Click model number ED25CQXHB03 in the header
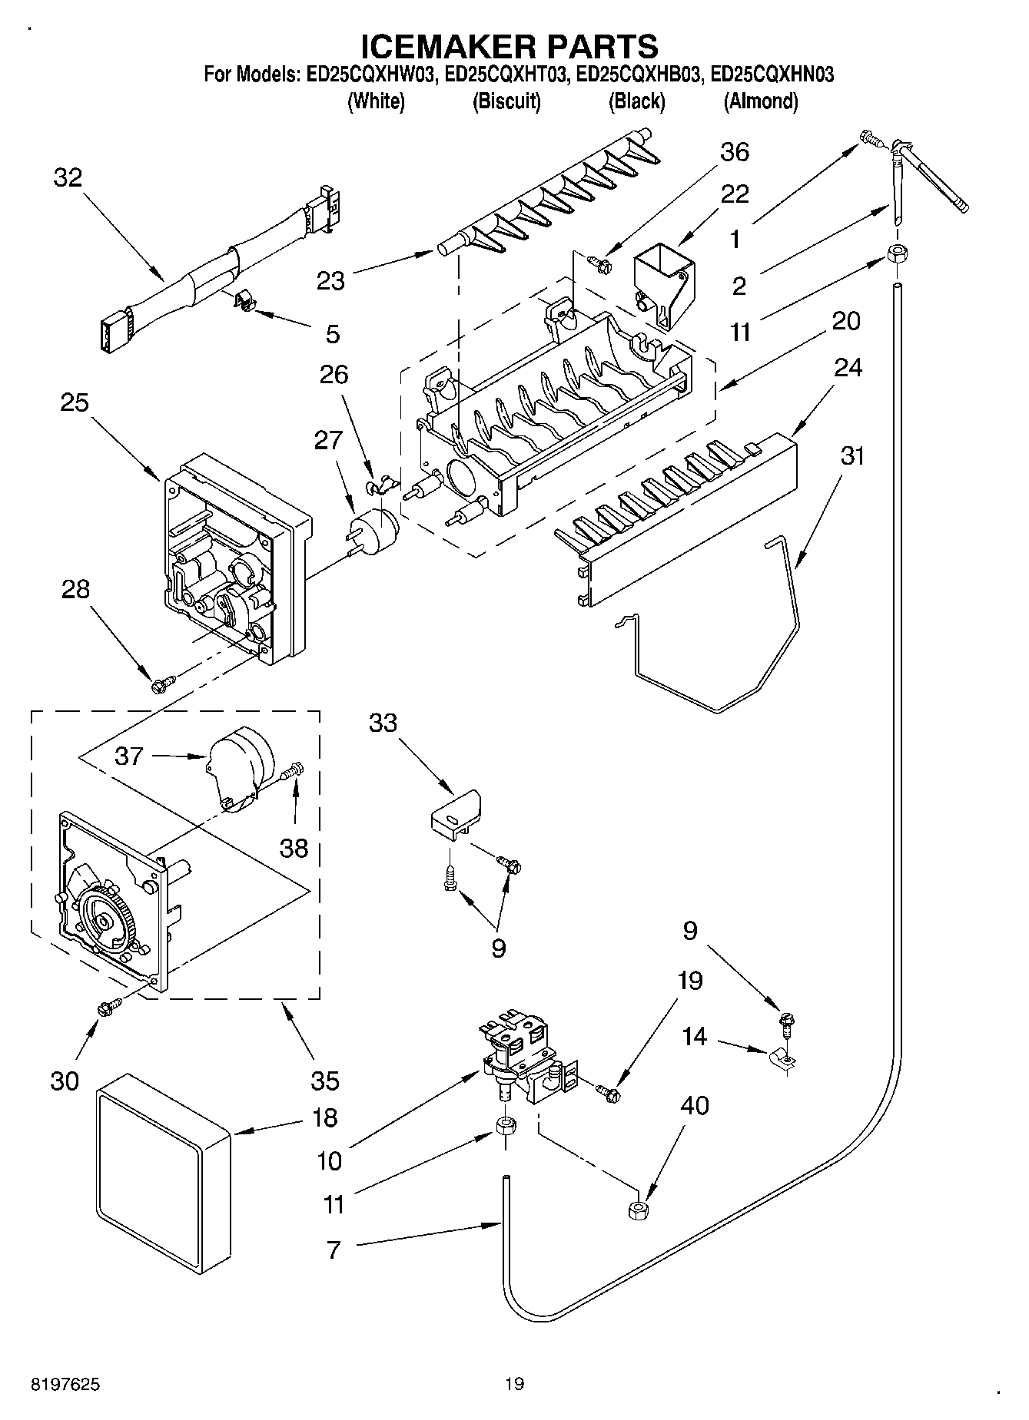639,75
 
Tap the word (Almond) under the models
761,101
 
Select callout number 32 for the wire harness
68,178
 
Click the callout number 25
75,402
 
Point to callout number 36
734,152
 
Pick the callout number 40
694,1106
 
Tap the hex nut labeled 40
637,1210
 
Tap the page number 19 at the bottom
514,1385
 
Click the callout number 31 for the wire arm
851,456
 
